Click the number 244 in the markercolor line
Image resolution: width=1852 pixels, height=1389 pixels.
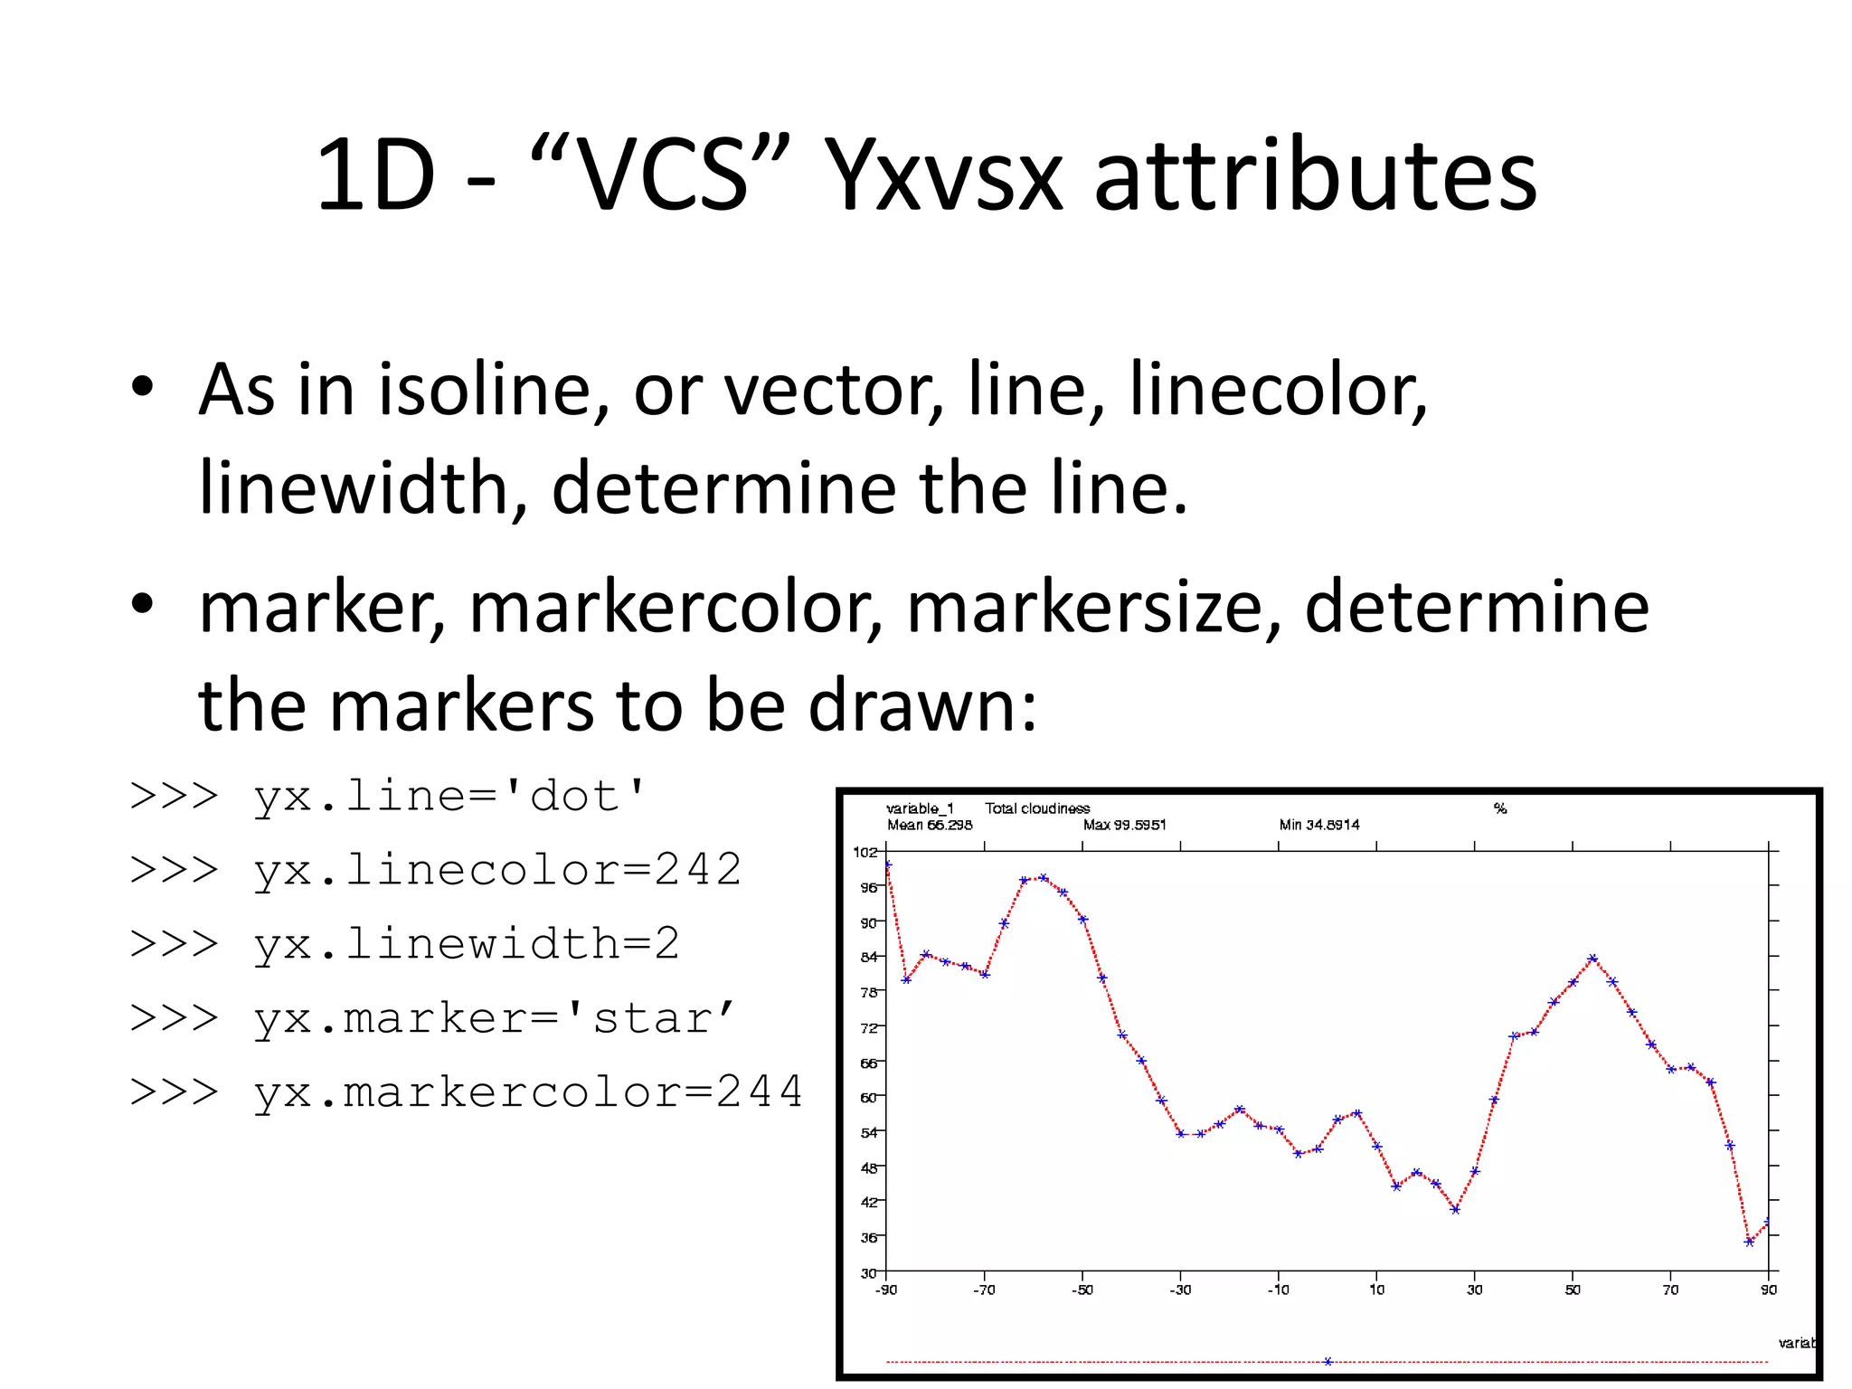click(x=759, y=1091)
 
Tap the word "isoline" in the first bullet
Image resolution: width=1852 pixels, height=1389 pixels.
click(x=485, y=390)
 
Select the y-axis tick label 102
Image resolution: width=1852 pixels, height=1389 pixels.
click(x=865, y=852)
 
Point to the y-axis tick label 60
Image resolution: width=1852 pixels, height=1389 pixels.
click(x=868, y=1097)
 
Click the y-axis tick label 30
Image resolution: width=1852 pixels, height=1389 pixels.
click(x=868, y=1272)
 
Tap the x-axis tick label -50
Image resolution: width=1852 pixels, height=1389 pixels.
click(x=1082, y=1290)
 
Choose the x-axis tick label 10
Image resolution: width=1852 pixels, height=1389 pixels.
click(x=1376, y=1290)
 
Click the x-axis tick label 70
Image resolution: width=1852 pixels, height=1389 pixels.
click(x=1670, y=1290)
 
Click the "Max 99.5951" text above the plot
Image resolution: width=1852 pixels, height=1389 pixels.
click(x=1124, y=825)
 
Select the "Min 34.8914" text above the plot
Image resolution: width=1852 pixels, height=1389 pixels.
click(x=1318, y=825)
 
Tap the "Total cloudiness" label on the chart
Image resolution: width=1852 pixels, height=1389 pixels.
click(x=1037, y=808)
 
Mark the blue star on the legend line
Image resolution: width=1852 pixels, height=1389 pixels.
click(x=1328, y=1361)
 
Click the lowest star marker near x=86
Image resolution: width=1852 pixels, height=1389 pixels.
click(x=1749, y=1242)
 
